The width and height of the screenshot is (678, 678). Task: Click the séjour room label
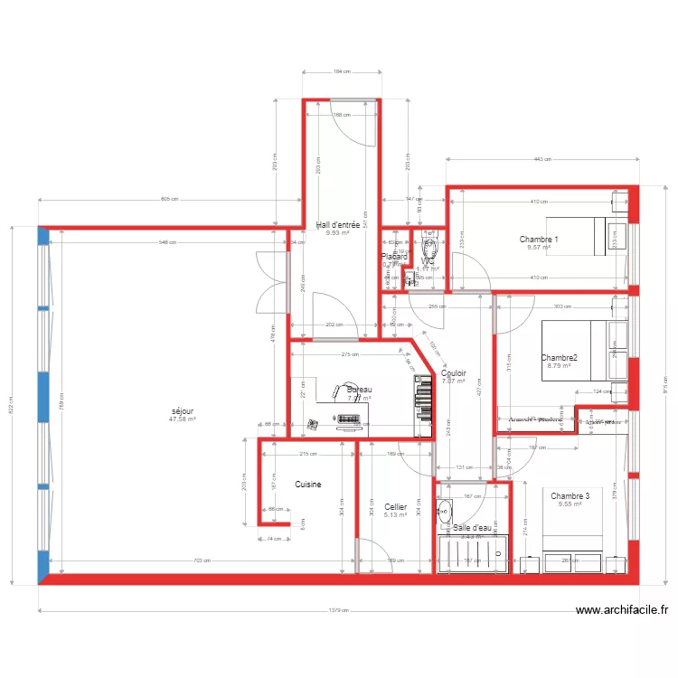click(x=182, y=411)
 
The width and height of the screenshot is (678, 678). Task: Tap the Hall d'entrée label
click(x=338, y=225)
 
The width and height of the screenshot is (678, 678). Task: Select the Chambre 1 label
click(x=539, y=240)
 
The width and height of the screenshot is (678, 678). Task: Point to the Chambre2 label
click(x=560, y=358)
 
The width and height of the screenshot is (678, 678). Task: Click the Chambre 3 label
click(x=570, y=496)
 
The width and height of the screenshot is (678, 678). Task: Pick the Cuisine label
click(x=307, y=485)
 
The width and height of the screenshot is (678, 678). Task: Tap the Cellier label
click(x=395, y=507)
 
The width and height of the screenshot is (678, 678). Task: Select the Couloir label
click(x=453, y=372)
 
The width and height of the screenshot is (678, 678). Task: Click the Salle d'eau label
click(x=472, y=527)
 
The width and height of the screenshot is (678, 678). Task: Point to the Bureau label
click(x=359, y=390)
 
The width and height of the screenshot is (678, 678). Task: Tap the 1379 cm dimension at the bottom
click(x=339, y=609)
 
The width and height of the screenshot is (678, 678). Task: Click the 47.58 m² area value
click(x=182, y=419)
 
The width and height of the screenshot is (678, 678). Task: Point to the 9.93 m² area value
click(x=338, y=233)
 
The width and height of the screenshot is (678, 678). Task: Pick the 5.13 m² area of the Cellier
click(x=395, y=515)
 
